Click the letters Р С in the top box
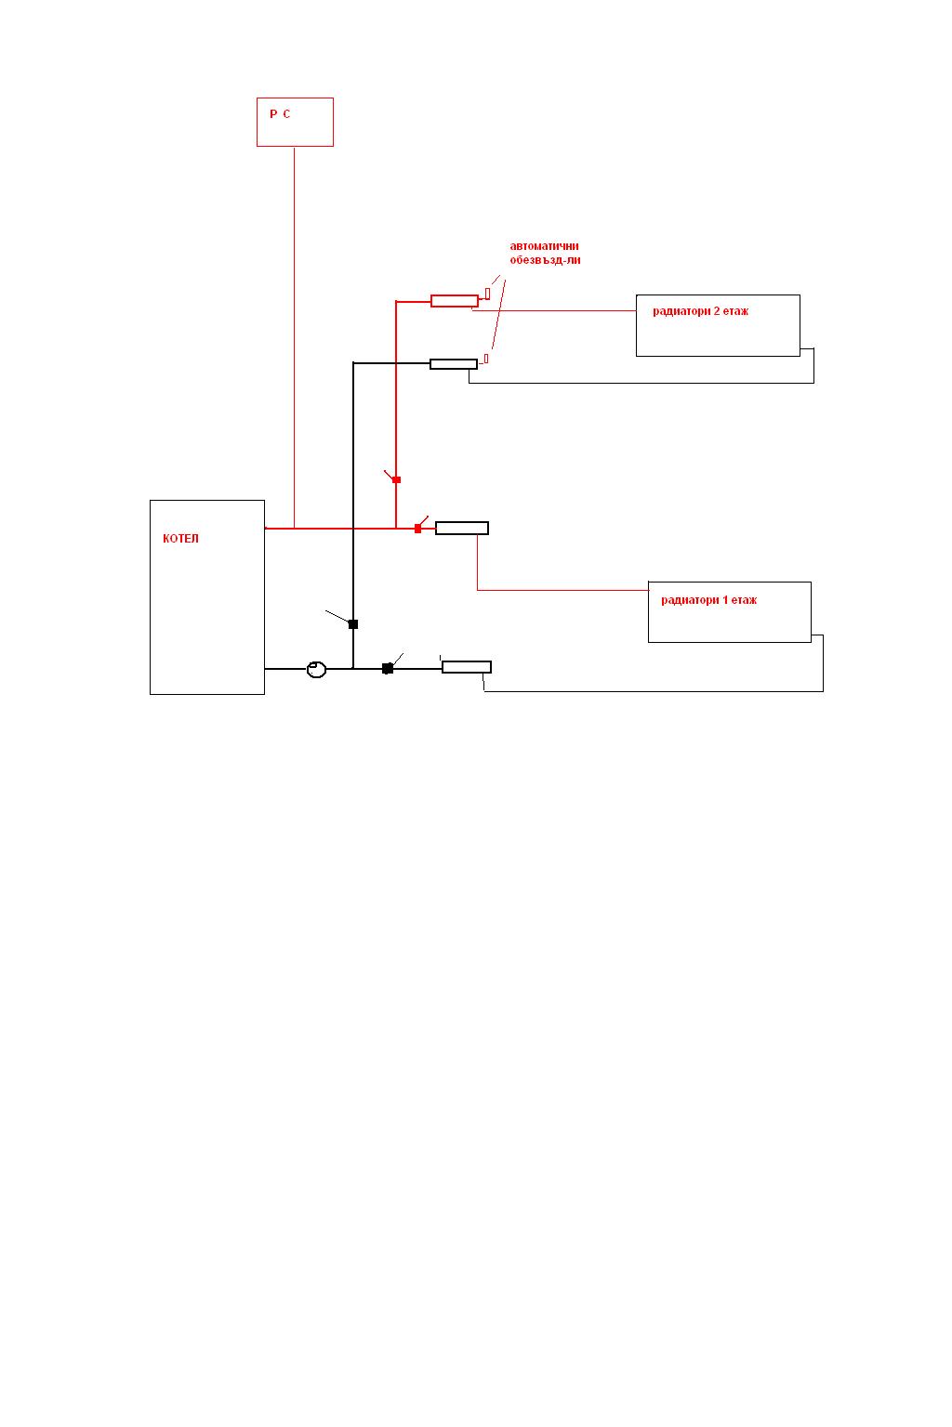[280, 114]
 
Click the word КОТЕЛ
[180, 539]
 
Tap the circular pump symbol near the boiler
[317, 669]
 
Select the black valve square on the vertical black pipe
[353, 624]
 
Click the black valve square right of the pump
[388, 668]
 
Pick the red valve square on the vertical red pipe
[397, 479]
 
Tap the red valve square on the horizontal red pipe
[417, 529]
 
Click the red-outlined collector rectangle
[455, 300]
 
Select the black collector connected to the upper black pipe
[454, 364]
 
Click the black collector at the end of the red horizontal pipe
[462, 529]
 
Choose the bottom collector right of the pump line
[467, 667]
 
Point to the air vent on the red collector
[487, 294]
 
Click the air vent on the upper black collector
[486, 358]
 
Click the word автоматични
[544, 246]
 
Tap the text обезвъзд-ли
[545, 261]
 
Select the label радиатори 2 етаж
[700, 312]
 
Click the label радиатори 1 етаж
[708, 600]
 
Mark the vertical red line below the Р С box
[295, 334]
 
